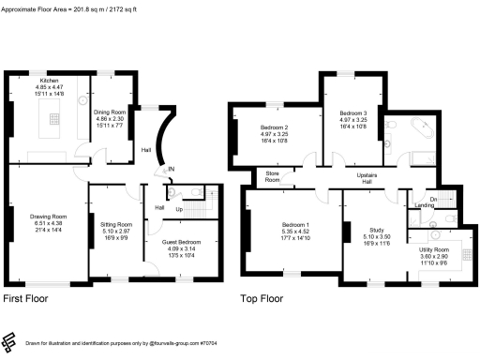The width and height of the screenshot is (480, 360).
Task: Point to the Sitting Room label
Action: point(116,225)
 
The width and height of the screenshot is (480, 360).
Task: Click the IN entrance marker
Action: point(170,170)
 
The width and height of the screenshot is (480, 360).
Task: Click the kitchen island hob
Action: point(53,122)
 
